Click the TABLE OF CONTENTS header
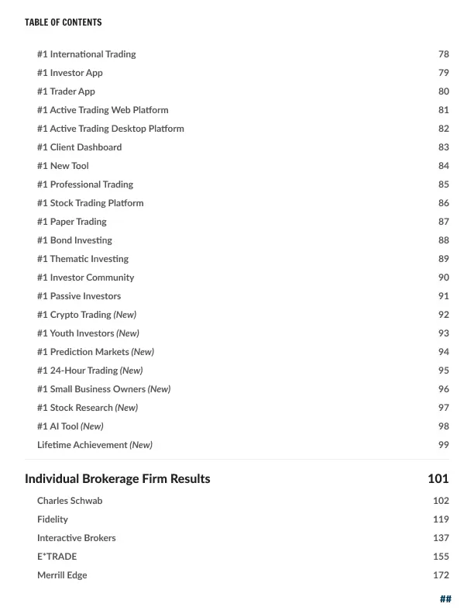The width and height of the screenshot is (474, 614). click(x=63, y=22)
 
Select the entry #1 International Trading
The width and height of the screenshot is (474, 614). click(x=86, y=54)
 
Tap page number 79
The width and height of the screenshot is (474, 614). click(x=443, y=73)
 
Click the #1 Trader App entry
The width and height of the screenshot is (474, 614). click(x=66, y=91)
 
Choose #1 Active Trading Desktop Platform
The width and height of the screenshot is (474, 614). click(x=110, y=129)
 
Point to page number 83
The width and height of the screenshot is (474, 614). click(x=443, y=147)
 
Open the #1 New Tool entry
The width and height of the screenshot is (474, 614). click(x=63, y=166)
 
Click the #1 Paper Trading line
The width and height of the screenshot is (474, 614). click(x=71, y=222)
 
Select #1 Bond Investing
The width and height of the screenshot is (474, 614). click(x=74, y=240)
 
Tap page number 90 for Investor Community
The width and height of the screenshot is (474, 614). click(x=443, y=278)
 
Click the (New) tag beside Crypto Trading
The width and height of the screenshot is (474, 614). click(x=125, y=315)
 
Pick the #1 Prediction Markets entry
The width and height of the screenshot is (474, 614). click(x=83, y=352)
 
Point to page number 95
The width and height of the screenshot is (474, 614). click(x=443, y=371)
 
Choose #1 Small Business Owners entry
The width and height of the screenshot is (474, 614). click(x=91, y=389)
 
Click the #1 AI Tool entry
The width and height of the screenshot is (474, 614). click(x=58, y=426)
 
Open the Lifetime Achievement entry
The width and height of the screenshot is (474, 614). click(x=82, y=445)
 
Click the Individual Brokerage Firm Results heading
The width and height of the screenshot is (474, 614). click(x=117, y=479)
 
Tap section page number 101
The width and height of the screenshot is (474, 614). click(x=438, y=479)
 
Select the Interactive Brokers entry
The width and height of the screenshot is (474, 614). click(x=76, y=538)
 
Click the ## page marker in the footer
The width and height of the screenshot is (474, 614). click(x=445, y=598)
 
